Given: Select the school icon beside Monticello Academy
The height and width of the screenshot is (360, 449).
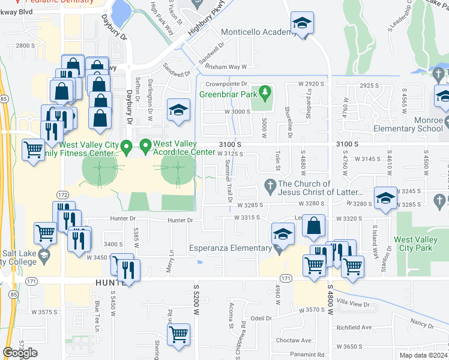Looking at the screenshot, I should click(x=303, y=25).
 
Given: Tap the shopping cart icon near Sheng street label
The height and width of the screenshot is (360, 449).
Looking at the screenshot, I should click(x=179, y=337).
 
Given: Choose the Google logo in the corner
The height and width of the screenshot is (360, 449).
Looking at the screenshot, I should click(x=20, y=353).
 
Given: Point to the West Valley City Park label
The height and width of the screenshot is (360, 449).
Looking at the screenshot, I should click(x=420, y=243).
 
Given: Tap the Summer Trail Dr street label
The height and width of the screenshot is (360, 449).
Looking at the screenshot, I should click(x=228, y=181).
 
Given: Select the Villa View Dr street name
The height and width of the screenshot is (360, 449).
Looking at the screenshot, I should click(x=353, y=304).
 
